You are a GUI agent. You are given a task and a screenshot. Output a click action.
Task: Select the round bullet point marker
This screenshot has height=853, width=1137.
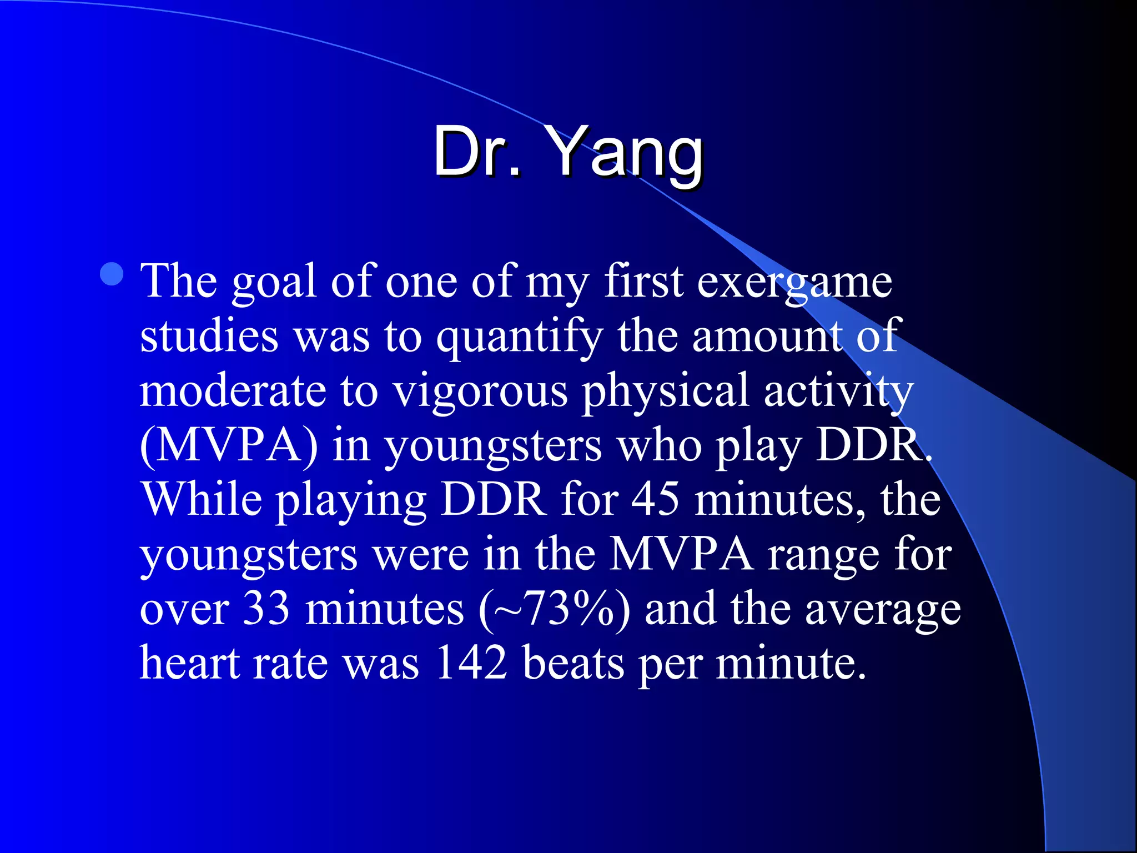113,274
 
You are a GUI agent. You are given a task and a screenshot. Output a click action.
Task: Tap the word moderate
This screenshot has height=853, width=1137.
233,391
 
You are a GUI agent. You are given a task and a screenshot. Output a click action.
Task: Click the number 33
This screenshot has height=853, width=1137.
267,608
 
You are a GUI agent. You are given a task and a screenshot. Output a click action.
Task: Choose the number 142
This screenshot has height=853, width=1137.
471,662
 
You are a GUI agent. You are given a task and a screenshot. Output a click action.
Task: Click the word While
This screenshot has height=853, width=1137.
202,499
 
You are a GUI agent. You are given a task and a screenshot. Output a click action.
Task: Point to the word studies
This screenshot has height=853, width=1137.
209,337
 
